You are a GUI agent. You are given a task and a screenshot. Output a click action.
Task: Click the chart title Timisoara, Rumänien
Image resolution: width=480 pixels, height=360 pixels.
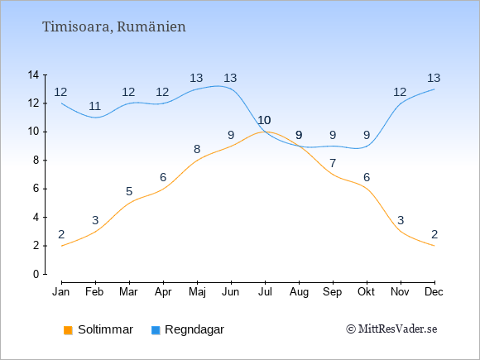click(114, 27)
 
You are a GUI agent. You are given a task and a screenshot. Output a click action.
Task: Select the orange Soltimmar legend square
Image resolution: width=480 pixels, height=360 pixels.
click(68, 330)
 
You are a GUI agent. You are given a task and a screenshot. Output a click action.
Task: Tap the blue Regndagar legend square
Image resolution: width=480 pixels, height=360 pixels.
click(156, 330)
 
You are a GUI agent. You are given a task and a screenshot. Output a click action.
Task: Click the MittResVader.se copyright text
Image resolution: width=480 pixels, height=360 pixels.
click(391, 329)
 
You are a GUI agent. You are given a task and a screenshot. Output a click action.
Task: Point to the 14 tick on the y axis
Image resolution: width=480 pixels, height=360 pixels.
click(33, 74)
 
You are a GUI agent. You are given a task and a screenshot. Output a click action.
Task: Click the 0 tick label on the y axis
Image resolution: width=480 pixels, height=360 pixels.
click(36, 274)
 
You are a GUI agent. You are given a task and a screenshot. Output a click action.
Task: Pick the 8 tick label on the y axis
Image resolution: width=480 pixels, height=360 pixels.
click(36, 160)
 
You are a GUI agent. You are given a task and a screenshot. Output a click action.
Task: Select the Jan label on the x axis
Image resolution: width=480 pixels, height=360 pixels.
click(61, 292)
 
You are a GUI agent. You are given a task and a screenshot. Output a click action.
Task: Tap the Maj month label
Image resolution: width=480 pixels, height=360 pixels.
click(197, 292)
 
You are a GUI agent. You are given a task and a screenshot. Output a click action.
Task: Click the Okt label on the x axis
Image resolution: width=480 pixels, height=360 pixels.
click(366, 292)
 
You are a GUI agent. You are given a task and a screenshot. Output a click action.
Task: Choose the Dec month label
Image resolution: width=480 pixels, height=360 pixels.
click(434, 292)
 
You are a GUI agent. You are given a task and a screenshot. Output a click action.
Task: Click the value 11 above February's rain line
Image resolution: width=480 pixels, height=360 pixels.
click(95, 106)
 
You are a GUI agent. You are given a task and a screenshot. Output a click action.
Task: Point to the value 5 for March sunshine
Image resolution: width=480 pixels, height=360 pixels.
click(129, 192)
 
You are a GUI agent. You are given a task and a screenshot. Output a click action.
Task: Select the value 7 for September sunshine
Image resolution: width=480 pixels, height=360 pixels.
click(333, 163)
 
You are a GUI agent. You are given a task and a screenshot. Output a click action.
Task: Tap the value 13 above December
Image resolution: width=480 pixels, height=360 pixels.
click(434, 78)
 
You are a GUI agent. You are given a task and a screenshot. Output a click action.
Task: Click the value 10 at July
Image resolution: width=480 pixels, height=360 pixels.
click(265, 120)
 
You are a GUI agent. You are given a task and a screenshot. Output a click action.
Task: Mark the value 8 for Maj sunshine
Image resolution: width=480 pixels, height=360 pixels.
click(197, 149)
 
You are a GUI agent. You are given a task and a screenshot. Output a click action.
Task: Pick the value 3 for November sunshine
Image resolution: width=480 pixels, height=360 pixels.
click(401, 220)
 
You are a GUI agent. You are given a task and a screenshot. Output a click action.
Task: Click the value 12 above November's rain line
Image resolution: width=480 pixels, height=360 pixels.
click(400, 92)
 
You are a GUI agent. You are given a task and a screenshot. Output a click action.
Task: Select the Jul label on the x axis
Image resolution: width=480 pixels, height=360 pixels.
click(265, 292)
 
